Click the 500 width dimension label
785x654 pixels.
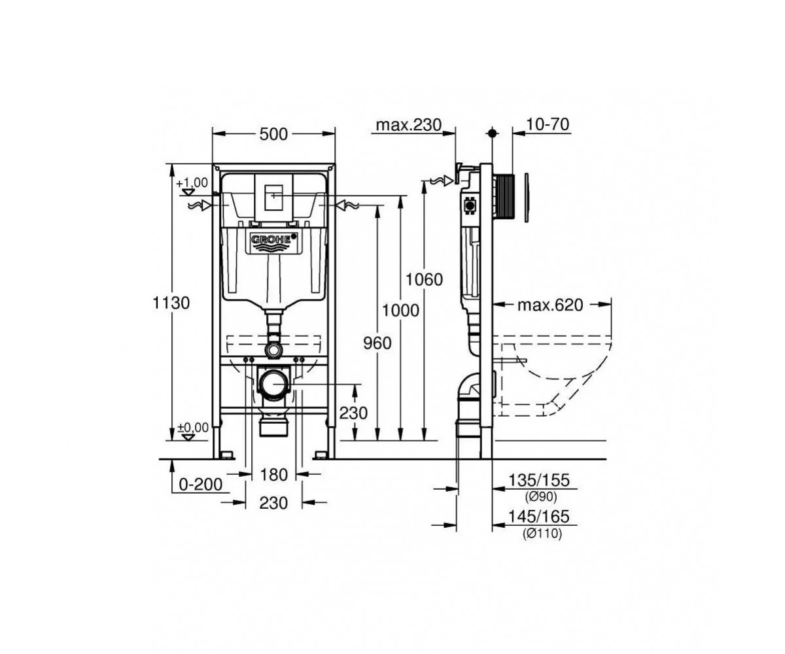pos(273,134)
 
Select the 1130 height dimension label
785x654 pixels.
pos(171,303)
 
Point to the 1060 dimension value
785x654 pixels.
pos(424,280)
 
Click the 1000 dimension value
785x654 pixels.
pos(400,311)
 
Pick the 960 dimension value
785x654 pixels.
pos(377,343)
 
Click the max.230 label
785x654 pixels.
pos(409,125)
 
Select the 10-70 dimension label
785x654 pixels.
pos(548,124)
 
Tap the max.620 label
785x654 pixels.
pos(550,305)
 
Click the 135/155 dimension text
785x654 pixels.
pos(539,480)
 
